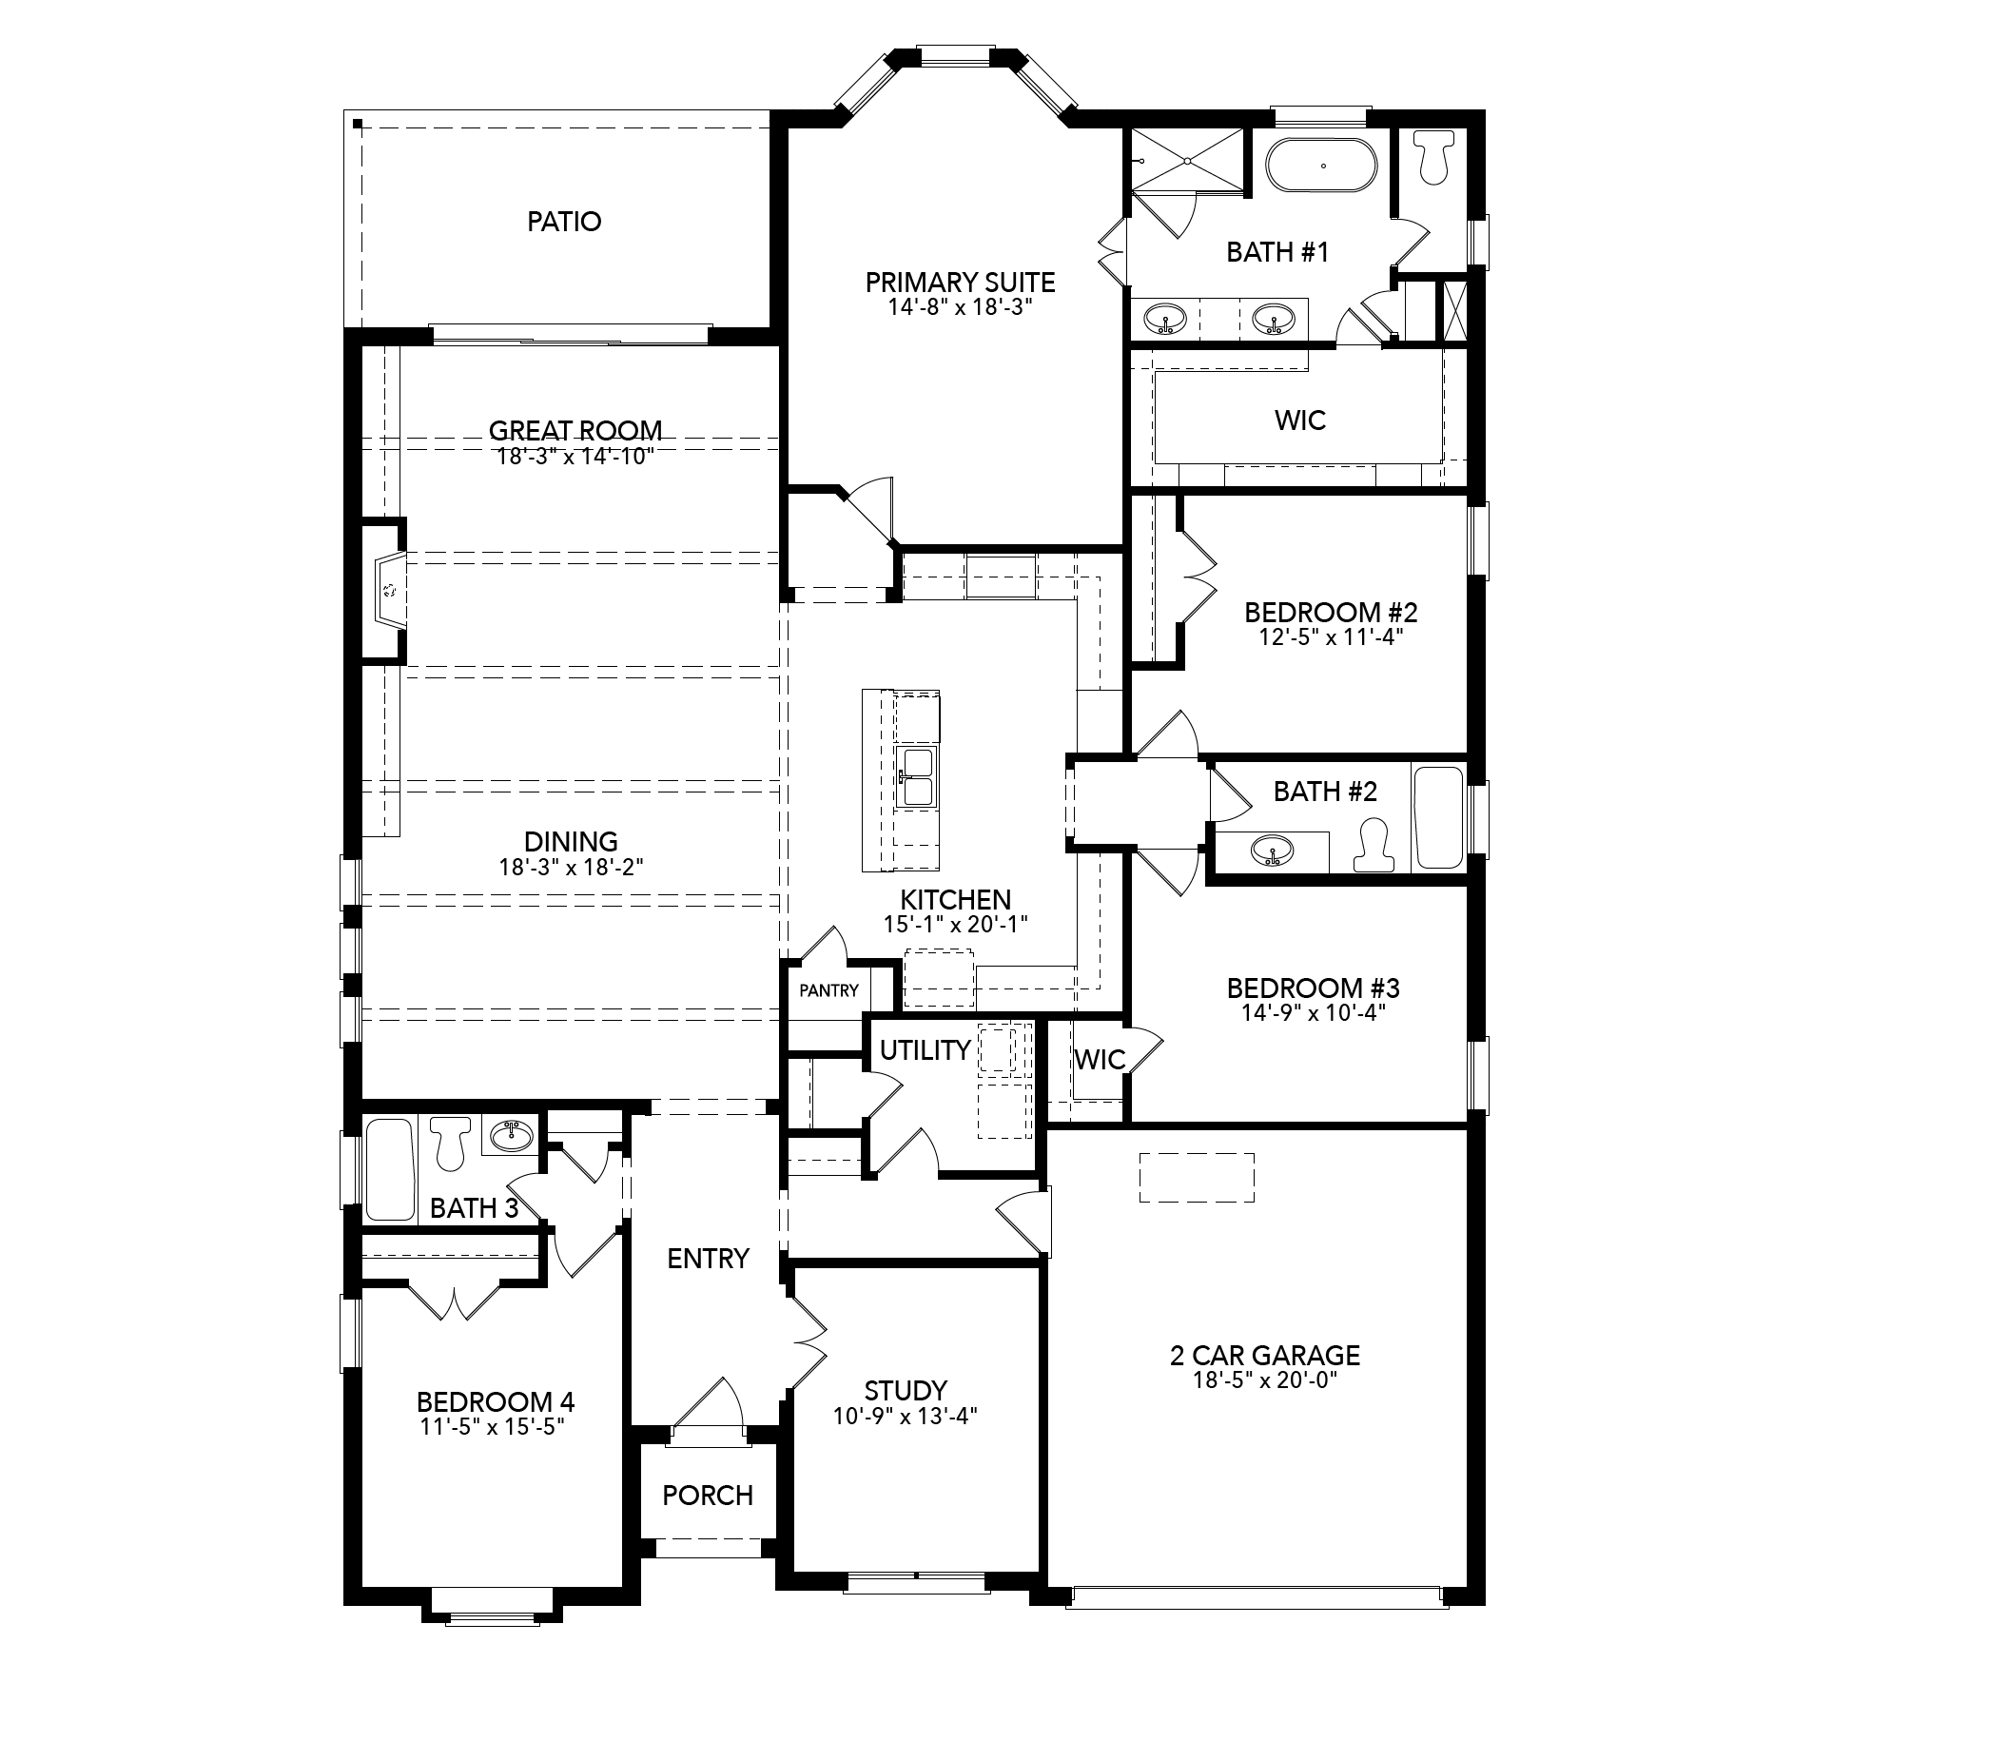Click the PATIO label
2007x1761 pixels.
click(564, 222)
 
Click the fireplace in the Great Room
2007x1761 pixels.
click(390, 590)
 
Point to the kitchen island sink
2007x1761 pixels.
click(917, 777)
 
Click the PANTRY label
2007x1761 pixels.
click(828, 990)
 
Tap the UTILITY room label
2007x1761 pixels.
click(925, 1050)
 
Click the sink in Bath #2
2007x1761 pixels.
click(1273, 851)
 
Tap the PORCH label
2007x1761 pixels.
click(708, 1495)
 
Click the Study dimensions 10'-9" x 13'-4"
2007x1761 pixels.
click(906, 1416)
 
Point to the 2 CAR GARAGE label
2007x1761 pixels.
click(1265, 1356)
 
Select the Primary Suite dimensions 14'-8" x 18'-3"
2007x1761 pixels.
click(961, 307)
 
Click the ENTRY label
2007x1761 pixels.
click(708, 1258)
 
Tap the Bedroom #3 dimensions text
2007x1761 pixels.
click(1314, 1012)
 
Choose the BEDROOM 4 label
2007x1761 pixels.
click(496, 1401)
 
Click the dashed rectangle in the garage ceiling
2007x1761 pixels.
click(1197, 1178)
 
